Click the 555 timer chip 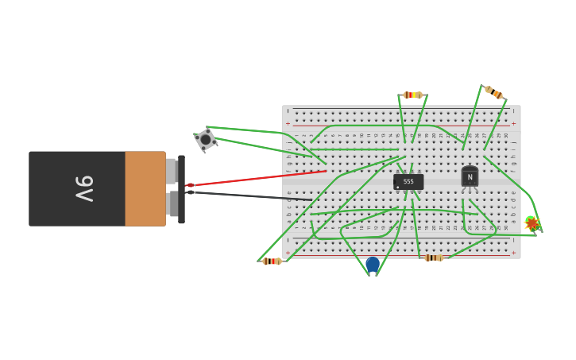tap(408, 182)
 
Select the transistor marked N tap(470, 177)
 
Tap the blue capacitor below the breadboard tap(372, 264)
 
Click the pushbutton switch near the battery tap(206, 140)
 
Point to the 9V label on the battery tap(84, 189)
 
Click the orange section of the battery tap(145, 189)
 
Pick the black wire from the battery tap(254, 195)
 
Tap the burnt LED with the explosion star tap(532, 223)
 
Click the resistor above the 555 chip tap(412, 95)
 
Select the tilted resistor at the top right tap(493, 92)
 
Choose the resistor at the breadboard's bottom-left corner tap(272, 261)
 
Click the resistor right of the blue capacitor tap(433, 257)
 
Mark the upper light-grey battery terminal tap(171, 171)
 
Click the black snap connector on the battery tap(181, 189)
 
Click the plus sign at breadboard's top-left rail tap(288, 124)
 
